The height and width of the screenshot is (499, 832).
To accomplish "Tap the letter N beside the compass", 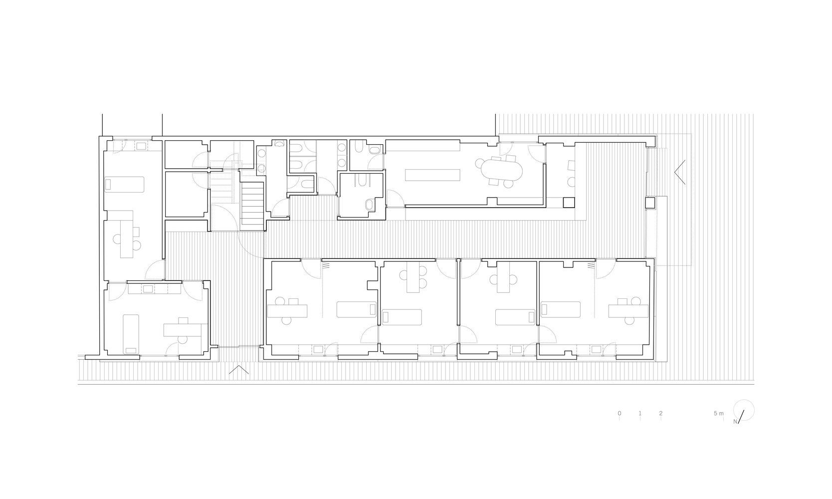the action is pos(735,422).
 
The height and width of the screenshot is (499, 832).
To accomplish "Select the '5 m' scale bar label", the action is pos(719,413).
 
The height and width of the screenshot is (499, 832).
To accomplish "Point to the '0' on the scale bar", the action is pos(619,413).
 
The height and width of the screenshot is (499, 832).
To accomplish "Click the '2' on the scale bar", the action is pos(661,413).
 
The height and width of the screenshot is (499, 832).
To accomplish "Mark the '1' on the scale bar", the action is pos(640,413).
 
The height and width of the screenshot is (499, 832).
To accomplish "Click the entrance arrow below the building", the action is pos(239,370).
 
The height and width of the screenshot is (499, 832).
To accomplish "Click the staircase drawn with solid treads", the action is pos(252,203).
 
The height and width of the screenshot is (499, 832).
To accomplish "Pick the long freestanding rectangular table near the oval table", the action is pos(432,175).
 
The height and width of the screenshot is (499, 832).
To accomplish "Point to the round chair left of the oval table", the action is pos(479,163).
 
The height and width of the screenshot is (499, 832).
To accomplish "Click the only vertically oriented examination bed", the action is pos(131,334).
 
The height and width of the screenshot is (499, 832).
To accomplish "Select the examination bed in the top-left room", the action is pos(124,185).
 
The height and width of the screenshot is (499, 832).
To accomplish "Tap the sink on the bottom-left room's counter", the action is pos(148,289).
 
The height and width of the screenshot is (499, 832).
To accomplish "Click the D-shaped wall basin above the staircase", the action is pos(279,143).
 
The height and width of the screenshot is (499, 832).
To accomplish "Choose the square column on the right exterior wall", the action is pos(649,203).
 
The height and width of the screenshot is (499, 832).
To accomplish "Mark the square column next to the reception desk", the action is pos(569,203).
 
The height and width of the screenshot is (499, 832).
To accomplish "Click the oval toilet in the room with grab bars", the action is pos(370,205).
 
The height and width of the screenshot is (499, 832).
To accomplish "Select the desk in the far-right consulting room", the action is pos(628,311).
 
